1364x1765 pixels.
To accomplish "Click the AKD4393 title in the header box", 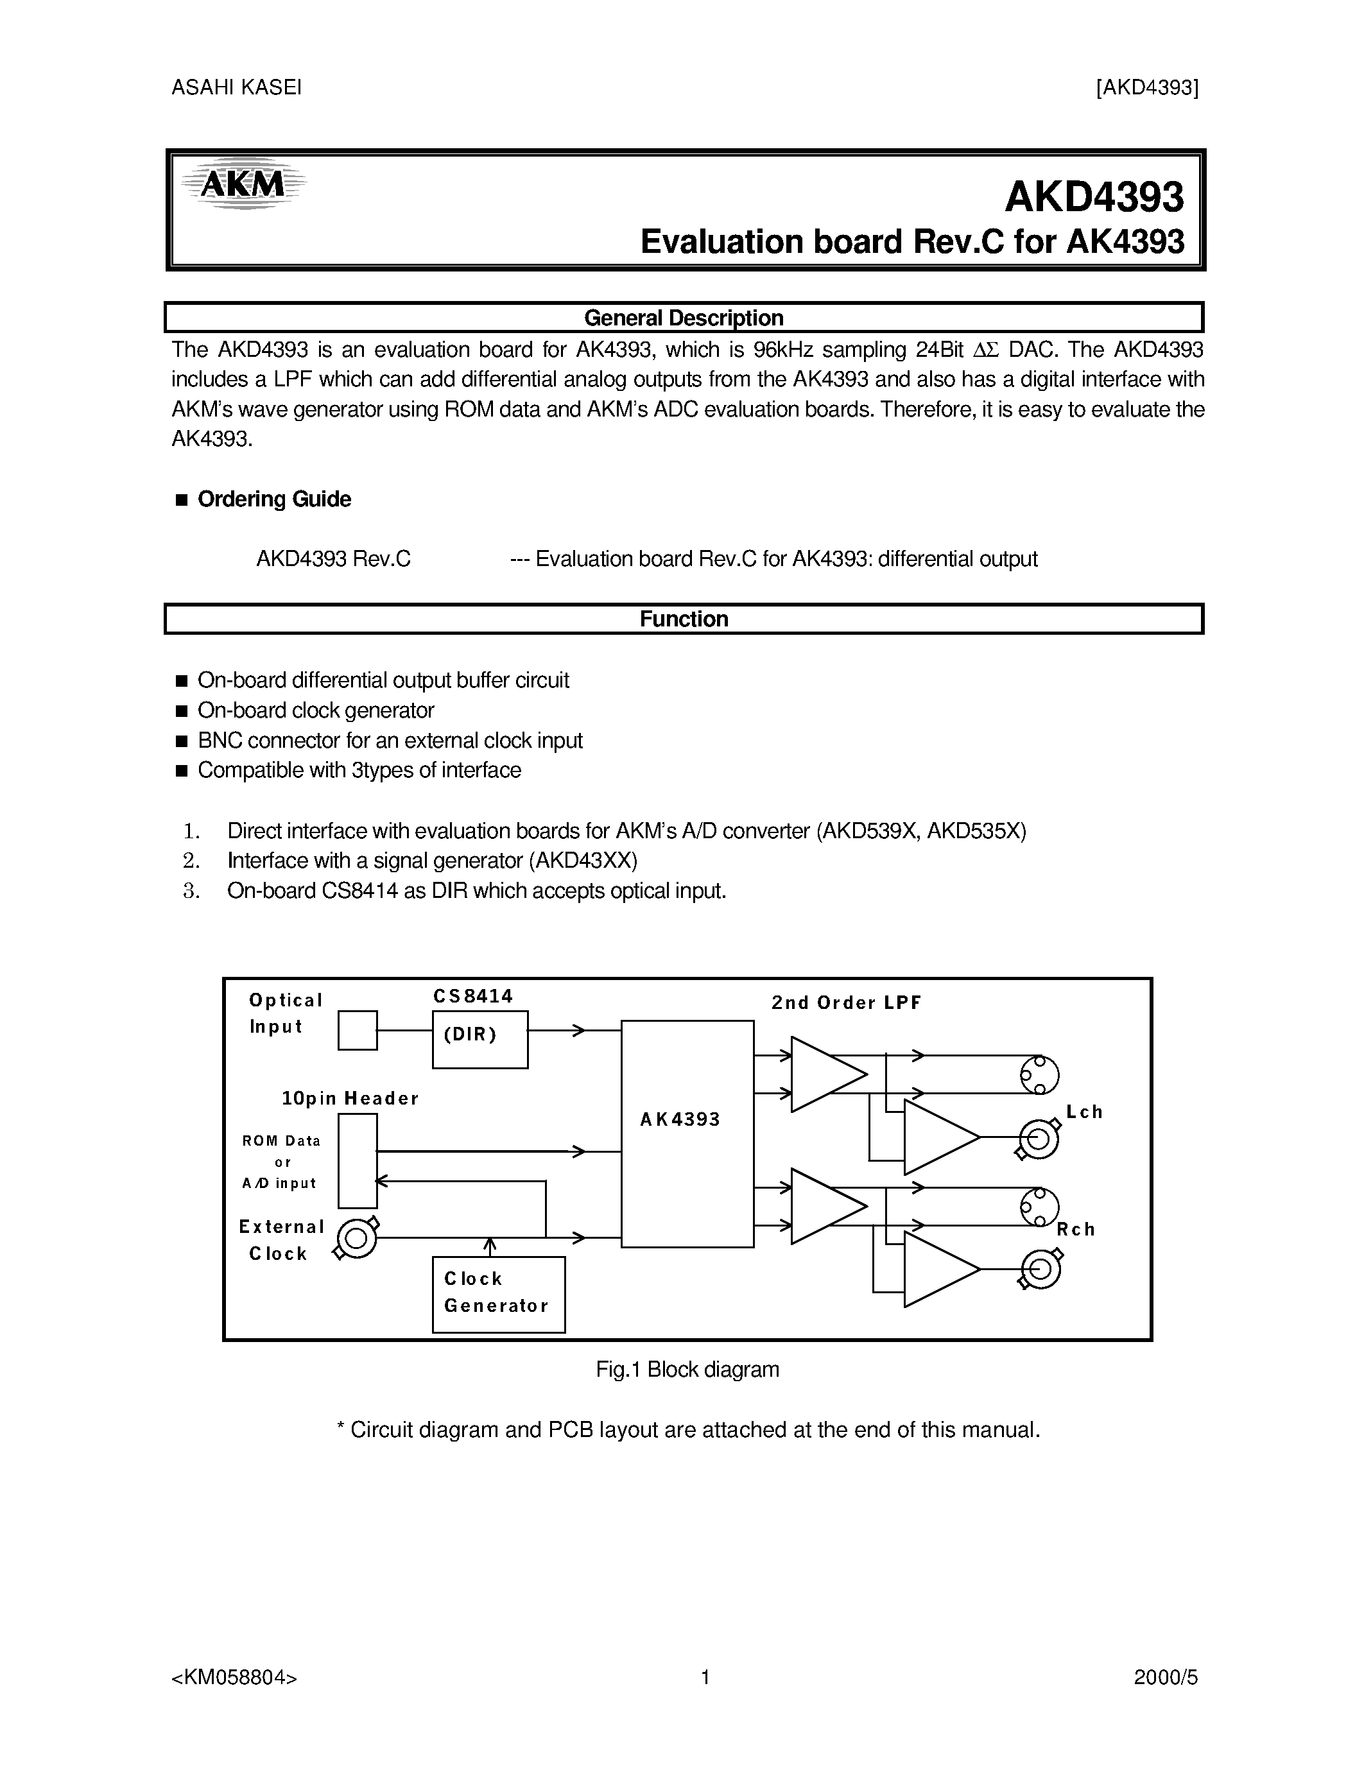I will [1094, 197].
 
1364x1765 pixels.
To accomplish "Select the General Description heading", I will [684, 318].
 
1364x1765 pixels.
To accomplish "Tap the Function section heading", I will [684, 619].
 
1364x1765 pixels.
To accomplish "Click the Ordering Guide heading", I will [274, 499].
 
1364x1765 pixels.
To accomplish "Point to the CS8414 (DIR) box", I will [480, 1039].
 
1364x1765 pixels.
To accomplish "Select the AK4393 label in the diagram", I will [680, 1119].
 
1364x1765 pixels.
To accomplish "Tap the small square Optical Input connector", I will [357, 1030].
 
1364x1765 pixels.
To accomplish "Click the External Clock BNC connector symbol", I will [356, 1238].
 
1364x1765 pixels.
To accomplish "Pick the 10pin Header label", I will [350, 1098].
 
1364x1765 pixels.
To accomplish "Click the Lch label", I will [1084, 1112].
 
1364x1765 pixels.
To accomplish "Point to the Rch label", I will [1076, 1229].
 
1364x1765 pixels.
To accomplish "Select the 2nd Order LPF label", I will [846, 1003].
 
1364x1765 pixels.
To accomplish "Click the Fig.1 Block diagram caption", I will [687, 1369].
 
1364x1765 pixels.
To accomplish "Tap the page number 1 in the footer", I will [705, 1678].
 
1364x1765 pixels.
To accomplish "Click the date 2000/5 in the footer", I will [1165, 1678].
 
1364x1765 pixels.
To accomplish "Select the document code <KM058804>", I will [234, 1678].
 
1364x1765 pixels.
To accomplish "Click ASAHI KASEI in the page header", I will [236, 87].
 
